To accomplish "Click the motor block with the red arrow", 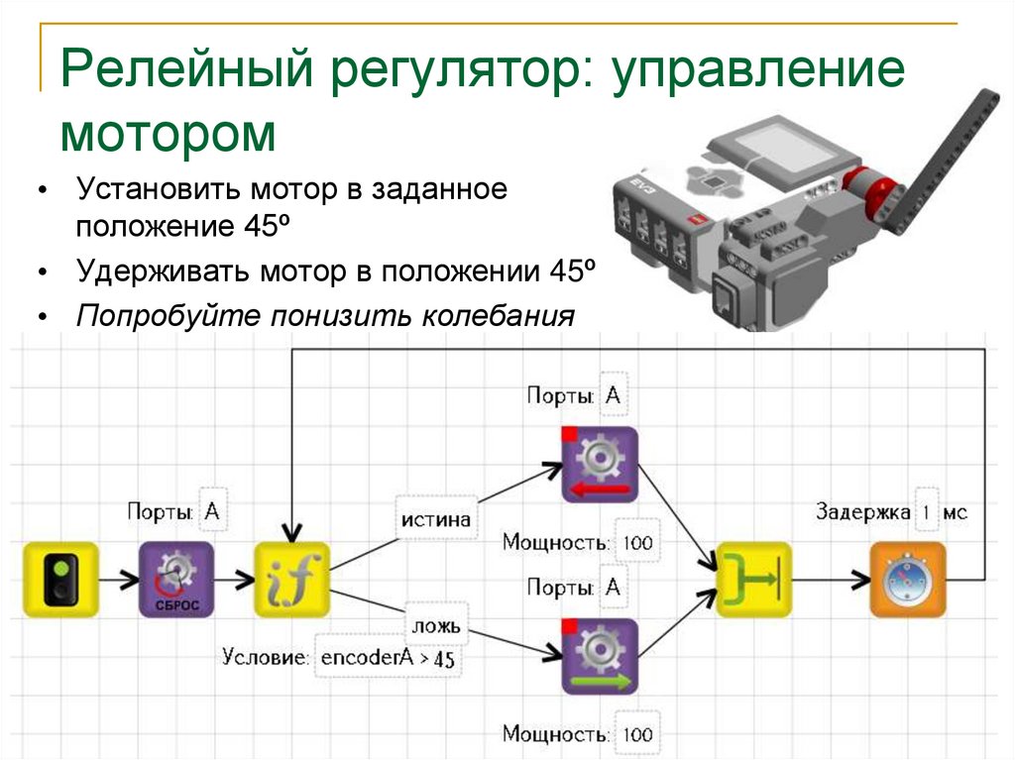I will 599,465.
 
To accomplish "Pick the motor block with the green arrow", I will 599,656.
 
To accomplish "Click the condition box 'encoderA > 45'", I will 390,658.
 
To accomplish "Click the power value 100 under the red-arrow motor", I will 638,543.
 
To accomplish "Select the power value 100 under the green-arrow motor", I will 638,734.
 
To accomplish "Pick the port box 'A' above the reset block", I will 211,511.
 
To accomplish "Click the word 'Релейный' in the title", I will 189,73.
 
